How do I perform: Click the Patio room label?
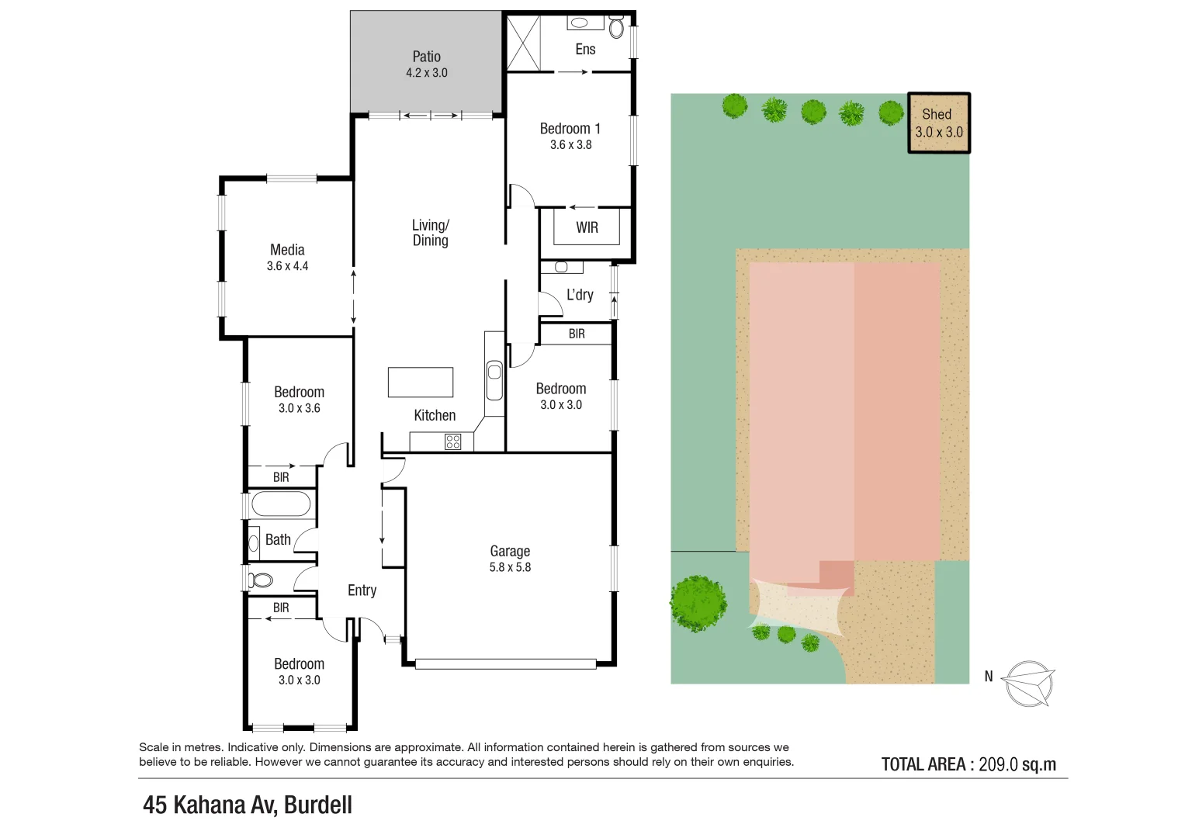(426, 57)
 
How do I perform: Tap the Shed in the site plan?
(939, 123)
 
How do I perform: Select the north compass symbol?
(1028, 684)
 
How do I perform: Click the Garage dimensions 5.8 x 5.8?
(510, 567)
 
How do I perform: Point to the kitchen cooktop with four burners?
(453, 442)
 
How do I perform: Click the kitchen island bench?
(421, 383)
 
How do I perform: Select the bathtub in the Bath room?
(281, 504)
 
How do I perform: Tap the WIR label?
(587, 227)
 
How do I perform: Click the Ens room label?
(585, 50)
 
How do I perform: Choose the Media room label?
(287, 250)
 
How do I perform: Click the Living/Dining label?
(430, 233)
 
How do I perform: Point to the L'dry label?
(580, 295)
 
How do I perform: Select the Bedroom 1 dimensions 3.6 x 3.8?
(570, 145)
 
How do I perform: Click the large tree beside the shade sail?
(698, 603)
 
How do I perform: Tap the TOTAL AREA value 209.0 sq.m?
(1017, 764)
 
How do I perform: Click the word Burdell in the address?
(318, 805)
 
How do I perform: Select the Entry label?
(362, 590)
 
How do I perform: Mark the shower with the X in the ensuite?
(523, 43)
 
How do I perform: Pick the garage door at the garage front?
(505, 664)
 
